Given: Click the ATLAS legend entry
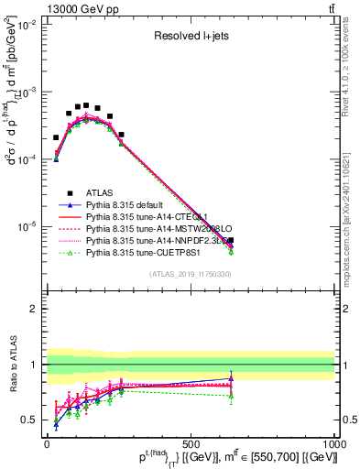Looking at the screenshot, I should tap(100, 192).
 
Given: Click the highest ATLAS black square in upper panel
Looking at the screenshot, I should tap(86, 105).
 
